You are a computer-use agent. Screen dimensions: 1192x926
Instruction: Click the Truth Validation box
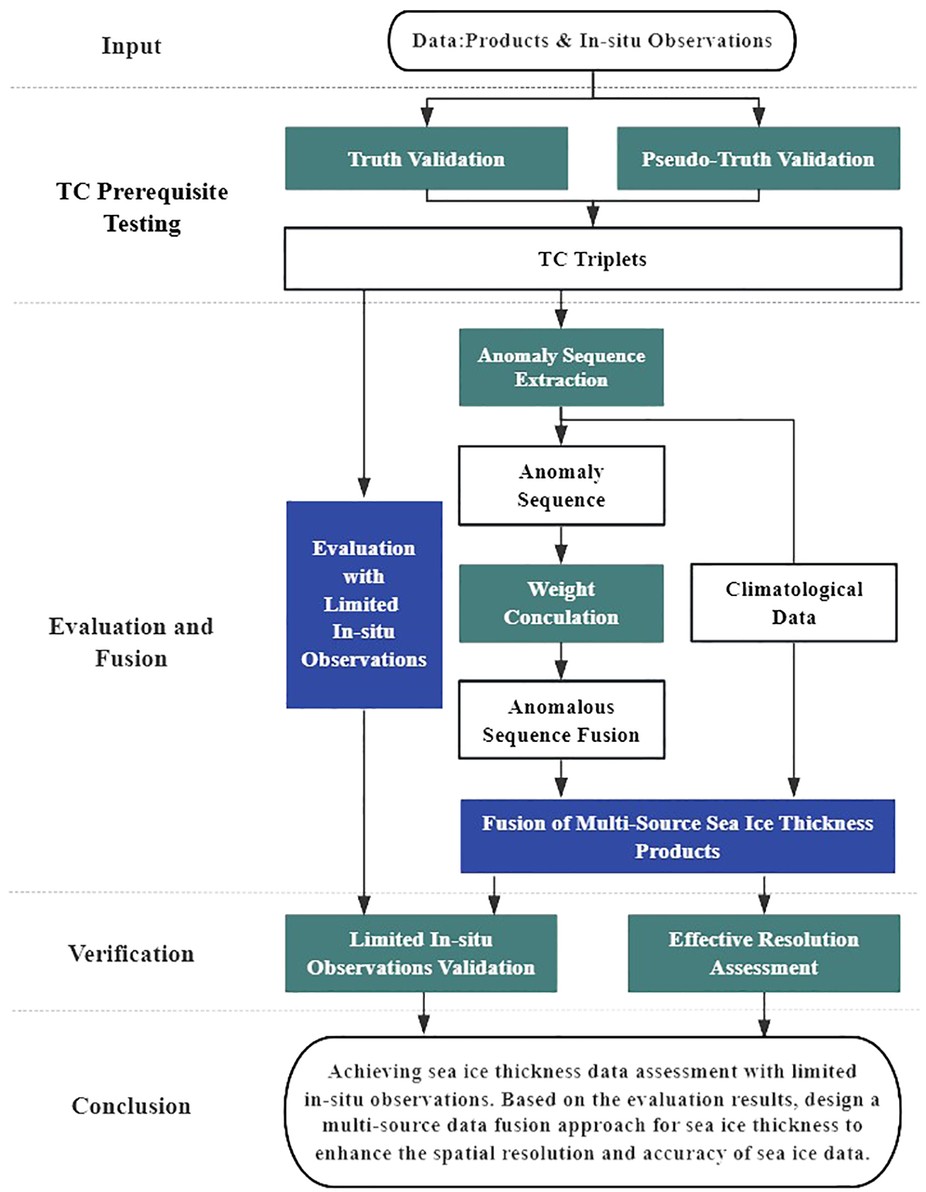(426, 159)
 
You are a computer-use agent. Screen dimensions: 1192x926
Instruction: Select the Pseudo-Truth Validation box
(758, 159)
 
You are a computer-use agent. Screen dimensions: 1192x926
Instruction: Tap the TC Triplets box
(592, 259)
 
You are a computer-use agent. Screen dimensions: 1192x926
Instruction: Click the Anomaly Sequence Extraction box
(561, 367)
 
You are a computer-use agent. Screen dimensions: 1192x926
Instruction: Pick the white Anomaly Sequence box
(561, 485)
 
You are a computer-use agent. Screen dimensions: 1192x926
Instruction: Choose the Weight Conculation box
(561, 603)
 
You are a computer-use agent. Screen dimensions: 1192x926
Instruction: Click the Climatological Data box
(794, 602)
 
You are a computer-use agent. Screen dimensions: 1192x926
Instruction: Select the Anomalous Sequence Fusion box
(561, 720)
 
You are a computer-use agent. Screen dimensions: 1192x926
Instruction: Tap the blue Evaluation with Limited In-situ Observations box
(364, 604)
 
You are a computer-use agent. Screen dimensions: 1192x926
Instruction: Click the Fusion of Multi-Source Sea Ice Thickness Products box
(677, 836)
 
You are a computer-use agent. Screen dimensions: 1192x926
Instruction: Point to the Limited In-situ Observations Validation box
(421, 953)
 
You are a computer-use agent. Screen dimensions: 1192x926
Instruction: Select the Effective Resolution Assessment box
(764, 953)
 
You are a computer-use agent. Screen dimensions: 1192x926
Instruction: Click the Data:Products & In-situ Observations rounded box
(592, 40)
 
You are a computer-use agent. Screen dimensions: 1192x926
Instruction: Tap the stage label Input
(131, 46)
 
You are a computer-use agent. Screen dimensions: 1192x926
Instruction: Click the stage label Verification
(131, 953)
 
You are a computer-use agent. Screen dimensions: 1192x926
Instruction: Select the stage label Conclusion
(131, 1105)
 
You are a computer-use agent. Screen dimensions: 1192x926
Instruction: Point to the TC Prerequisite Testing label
(142, 207)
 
